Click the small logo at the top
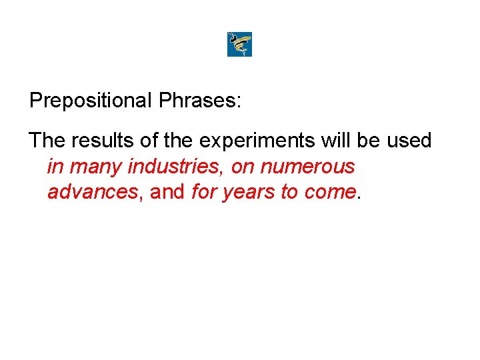[x=239, y=45]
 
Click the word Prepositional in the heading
[x=91, y=101]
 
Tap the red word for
[x=203, y=193]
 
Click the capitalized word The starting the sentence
[x=45, y=141]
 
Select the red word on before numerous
[x=241, y=167]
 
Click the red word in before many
[x=54, y=167]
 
